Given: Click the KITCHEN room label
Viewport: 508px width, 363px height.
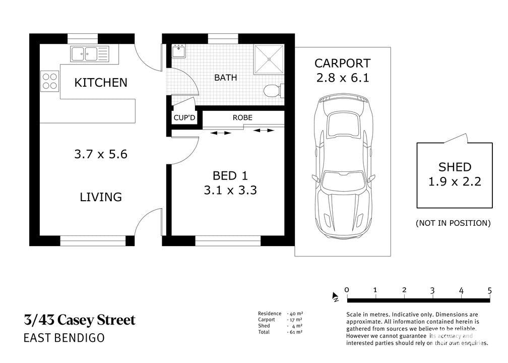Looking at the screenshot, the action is pyautogui.click(x=101, y=83).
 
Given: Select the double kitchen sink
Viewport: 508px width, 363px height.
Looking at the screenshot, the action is pyautogui.click(x=89, y=53).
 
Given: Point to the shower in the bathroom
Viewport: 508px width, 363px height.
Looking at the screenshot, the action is pyautogui.click(x=269, y=59).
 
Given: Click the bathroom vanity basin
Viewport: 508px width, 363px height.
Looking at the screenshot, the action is pyautogui.click(x=178, y=51).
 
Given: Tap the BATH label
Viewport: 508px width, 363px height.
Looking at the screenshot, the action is pyautogui.click(x=225, y=78).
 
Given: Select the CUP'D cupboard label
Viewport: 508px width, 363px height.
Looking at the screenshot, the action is pyautogui.click(x=184, y=117).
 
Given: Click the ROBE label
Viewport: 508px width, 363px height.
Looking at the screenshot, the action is pyautogui.click(x=242, y=117).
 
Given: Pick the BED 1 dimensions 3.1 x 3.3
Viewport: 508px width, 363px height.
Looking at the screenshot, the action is pyautogui.click(x=230, y=190).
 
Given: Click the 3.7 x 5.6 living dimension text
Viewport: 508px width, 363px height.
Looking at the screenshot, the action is pyautogui.click(x=101, y=154).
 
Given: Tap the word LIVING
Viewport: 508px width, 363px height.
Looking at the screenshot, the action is pyautogui.click(x=101, y=197).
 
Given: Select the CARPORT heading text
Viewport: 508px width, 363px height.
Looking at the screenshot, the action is pyautogui.click(x=343, y=63).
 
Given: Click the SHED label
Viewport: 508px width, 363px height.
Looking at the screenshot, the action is pyautogui.click(x=455, y=167).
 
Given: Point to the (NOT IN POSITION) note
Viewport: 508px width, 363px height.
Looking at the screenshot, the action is pyautogui.click(x=453, y=223).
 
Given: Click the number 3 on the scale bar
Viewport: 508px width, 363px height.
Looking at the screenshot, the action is pyautogui.click(x=432, y=290).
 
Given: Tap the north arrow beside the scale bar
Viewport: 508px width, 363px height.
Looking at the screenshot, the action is pyautogui.click(x=335, y=296).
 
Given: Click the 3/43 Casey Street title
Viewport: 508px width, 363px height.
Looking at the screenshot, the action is pyautogui.click(x=80, y=320).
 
